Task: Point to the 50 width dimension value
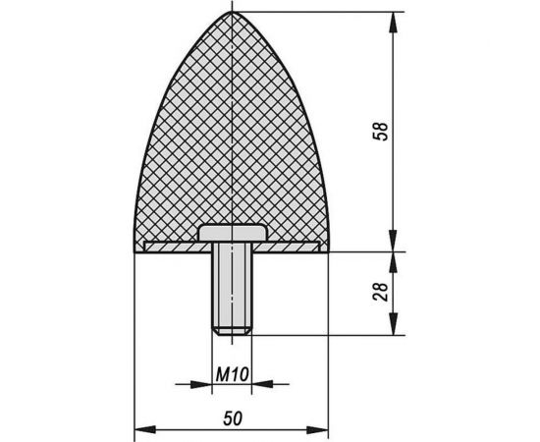click(233, 417)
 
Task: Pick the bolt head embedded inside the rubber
click(232, 232)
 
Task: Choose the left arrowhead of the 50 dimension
click(139, 429)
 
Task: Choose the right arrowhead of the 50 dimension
click(323, 429)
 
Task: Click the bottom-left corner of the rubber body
click(135, 250)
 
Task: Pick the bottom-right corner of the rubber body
click(329, 250)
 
